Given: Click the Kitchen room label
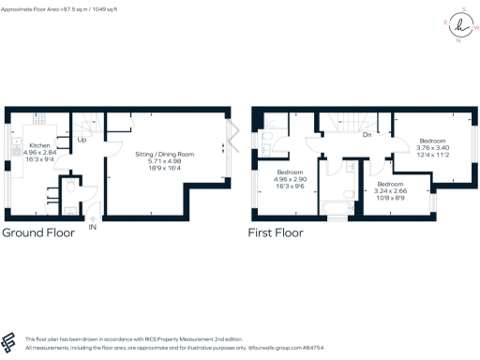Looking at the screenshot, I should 39,146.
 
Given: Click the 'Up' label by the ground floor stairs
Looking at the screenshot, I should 82,142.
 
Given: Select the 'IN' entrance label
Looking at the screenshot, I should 92,227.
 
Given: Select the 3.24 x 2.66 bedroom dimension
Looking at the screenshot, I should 391,191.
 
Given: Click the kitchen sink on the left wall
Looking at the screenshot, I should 16,150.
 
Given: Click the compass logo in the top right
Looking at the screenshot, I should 459,23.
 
